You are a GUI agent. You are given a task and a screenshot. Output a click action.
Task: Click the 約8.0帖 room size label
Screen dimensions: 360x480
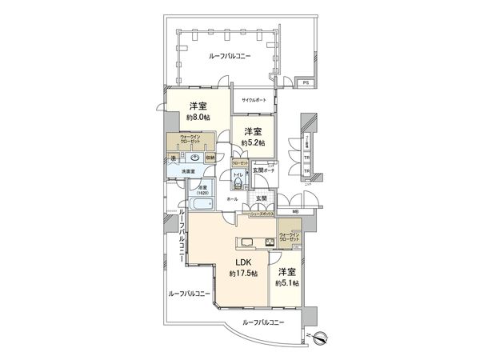(x=199, y=118)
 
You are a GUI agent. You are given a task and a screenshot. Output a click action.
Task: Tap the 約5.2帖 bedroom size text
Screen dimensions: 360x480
(x=254, y=142)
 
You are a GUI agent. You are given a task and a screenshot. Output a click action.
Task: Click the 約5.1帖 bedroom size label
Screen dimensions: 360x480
(x=286, y=283)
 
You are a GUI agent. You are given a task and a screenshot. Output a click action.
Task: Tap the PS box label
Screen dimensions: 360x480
(x=305, y=83)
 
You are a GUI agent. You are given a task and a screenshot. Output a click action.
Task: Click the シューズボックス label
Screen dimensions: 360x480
(x=262, y=214)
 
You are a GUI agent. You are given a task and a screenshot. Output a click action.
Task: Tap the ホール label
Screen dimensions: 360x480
(x=232, y=198)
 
